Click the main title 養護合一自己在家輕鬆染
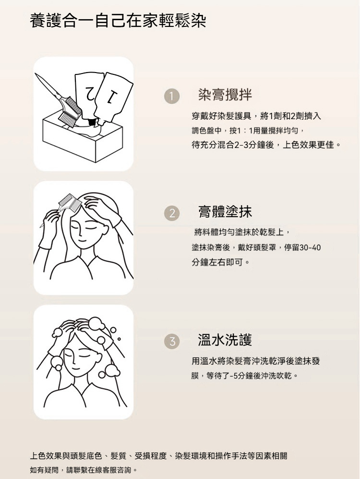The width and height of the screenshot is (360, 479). click(118, 21)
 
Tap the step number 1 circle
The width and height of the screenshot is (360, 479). click(171, 96)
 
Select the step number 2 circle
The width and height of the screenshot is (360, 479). click(172, 213)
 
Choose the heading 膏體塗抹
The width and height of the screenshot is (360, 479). click(225, 211)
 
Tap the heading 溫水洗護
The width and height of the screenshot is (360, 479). click(225, 339)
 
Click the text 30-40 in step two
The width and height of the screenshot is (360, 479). click(310, 247)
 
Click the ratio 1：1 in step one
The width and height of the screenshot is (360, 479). click(242, 131)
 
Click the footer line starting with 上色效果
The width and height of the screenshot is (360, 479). click(159, 456)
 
